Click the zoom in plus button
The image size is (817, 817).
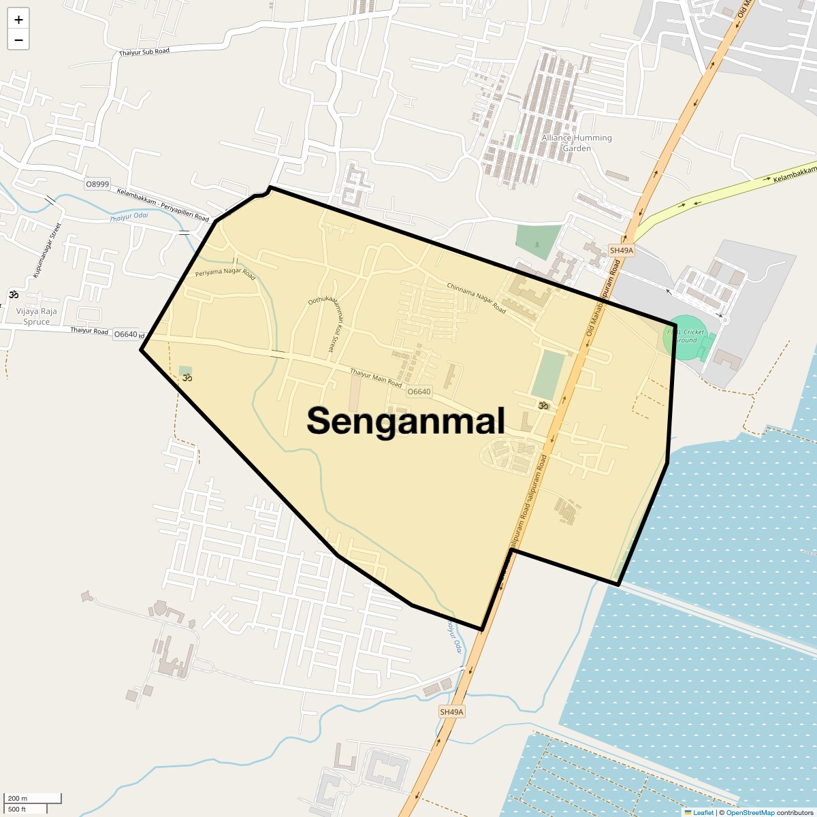coord(18,20)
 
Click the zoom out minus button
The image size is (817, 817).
coord(18,40)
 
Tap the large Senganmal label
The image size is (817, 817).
coord(406,420)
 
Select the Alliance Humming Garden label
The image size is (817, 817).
coord(577,142)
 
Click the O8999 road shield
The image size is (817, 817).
coord(97,184)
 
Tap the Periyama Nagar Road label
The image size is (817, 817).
coord(225,274)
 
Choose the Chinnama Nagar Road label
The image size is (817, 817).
coord(477,298)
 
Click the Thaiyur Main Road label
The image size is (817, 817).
coord(376,377)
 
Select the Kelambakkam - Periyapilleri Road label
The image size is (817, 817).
coord(163,204)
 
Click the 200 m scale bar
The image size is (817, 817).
coord(33,798)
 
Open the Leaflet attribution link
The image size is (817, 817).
coord(703,812)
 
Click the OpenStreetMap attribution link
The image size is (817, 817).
coord(750,812)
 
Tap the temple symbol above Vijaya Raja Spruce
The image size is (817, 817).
coord(13,295)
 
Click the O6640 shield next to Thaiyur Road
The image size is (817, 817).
coord(126,334)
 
